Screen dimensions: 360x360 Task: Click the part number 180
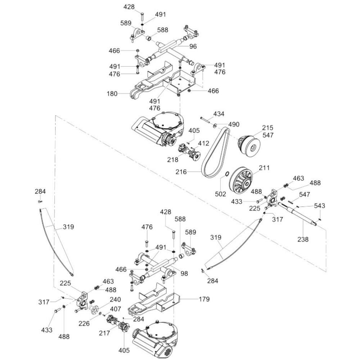point(112,94)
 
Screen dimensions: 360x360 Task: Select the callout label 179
point(204,299)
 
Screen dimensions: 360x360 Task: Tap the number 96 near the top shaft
point(193,46)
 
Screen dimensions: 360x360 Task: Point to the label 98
point(184,274)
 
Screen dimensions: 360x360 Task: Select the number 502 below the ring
point(220,194)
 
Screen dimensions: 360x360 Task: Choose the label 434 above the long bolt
point(219,114)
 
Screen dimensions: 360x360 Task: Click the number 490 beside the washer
point(234,124)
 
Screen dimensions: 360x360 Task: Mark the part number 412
point(203,143)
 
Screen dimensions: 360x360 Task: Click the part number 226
point(84,324)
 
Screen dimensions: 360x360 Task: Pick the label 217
point(105,333)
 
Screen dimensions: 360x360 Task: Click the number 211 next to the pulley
point(264,167)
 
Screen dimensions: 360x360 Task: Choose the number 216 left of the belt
point(181,172)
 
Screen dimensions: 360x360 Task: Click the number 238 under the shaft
point(303,239)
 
